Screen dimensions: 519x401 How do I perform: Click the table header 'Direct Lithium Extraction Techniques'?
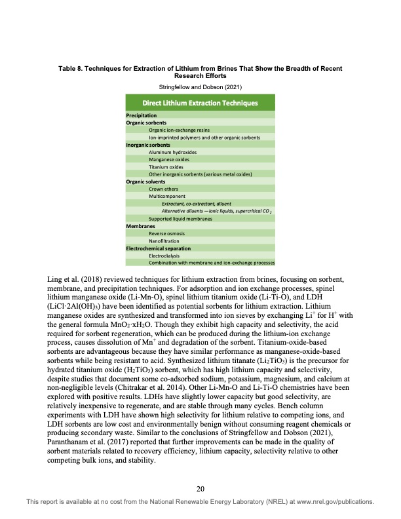tap(200, 103)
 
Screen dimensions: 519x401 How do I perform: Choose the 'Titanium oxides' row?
tap(165, 166)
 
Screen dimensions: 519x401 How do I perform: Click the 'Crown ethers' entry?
tap(164, 189)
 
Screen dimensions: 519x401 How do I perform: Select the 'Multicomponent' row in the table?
tap(167, 196)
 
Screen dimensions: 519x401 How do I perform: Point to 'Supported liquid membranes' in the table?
tap(180, 218)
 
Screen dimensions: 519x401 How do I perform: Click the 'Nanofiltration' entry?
tap(165, 240)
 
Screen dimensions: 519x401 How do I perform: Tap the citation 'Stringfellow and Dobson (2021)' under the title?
tap(200, 86)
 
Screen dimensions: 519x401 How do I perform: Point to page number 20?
tap(200, 488)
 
